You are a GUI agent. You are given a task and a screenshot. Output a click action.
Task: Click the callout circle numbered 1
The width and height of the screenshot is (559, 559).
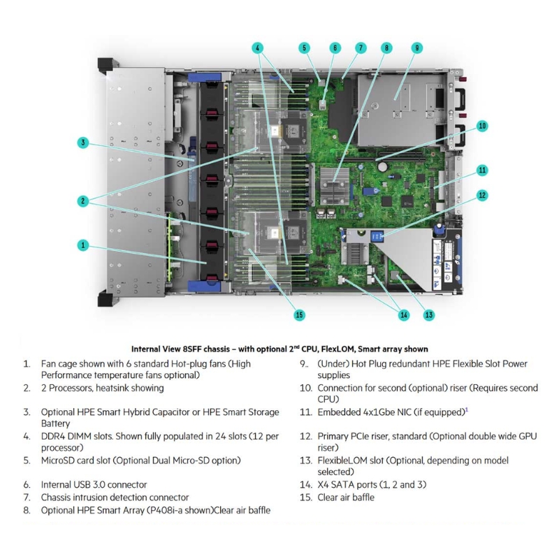pyautogui.click(x=83, y=245)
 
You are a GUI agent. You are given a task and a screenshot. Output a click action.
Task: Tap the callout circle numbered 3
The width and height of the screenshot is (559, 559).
pyautogui.click(x=83, y=143)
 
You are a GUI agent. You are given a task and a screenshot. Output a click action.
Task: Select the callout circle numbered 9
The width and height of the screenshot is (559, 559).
pyautogui.click(x=416, y=48)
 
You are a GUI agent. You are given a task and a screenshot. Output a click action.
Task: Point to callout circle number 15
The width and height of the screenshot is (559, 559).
pyautogui.click(x=299, y=315)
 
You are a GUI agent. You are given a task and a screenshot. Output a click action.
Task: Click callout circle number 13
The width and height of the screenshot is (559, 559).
pyautogui.click(x=428, y=315)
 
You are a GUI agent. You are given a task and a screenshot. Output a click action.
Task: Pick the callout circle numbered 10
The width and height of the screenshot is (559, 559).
pyautogui.click(x=482, y=126)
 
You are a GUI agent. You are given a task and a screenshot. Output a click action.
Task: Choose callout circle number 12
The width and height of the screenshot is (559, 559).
pyautogui.click(x=482, y=196)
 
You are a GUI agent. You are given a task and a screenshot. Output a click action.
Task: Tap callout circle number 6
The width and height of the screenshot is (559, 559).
pyautogui.click(x=335, y=48)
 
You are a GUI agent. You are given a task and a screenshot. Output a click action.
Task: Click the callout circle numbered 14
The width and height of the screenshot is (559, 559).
pyautogui.click(x=403, y=315)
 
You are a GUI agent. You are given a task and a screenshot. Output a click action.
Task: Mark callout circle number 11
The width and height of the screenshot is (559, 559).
pyautogui.click(x=482, y=170)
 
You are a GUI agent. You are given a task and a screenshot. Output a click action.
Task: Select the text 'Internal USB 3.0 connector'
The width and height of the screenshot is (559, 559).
pyautogui.click(x=94, y=484)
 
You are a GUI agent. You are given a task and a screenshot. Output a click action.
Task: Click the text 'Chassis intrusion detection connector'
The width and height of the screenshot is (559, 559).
pyautogui.click(x=115, y=497)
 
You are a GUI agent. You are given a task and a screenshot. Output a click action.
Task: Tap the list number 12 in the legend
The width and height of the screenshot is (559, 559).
pyautogui.click(x=305, y=436)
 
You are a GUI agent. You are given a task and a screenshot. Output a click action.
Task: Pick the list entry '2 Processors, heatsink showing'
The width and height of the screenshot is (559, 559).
pyautogui.click(x=103, y=388)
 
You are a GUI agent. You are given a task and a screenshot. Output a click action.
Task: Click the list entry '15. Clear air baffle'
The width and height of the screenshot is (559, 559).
pyautogui.click(x=337, y=497)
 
